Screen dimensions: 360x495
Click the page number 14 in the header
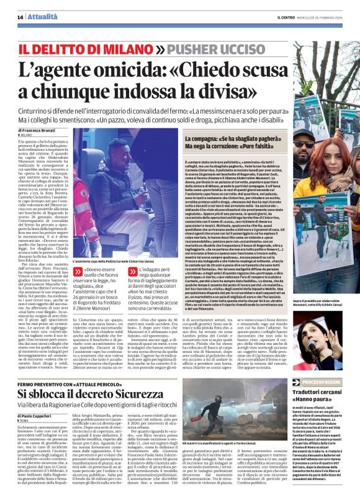[19, 17]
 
